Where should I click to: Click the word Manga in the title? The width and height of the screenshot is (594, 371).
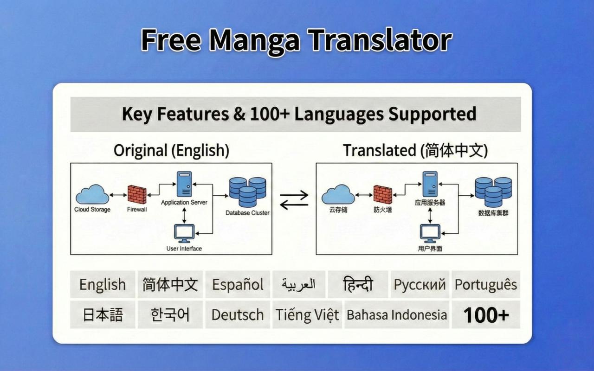[255, 40]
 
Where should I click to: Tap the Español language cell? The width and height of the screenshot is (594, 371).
[238, 284]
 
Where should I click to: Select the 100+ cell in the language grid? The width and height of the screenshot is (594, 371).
[486, 314]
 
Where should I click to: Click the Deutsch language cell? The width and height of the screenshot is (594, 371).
[238, 314]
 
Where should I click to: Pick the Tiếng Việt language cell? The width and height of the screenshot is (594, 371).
[307, 314]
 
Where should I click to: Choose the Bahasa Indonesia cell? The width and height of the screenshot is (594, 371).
[397, 314]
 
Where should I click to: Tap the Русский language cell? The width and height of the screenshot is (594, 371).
[420, 284]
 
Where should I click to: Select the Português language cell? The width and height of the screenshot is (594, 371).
[486, 284]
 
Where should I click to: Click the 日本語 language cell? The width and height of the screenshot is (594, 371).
[103, 314]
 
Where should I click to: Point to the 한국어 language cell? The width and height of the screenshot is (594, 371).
[170, 314]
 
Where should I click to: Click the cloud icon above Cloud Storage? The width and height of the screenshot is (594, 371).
[92, 194]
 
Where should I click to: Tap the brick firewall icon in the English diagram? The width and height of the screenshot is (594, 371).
[137, 195]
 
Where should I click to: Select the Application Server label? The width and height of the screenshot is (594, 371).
[184, 203]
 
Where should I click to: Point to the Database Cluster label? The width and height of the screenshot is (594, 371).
[247, 213]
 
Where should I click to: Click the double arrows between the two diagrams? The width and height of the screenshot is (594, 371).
[294, 200]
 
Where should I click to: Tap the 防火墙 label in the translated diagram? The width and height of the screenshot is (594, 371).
[383, 210]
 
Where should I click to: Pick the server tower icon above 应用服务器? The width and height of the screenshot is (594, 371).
[430, 184]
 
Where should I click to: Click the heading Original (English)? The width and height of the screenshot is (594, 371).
[171, 151]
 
